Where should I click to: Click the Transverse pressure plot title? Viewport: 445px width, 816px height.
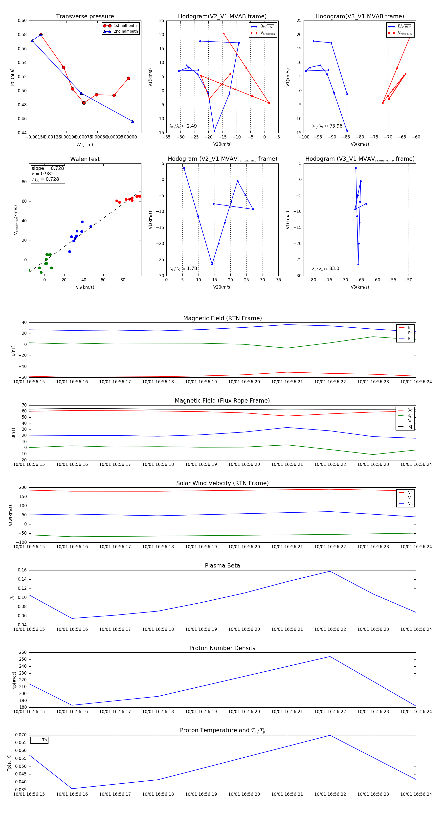pos(85,17)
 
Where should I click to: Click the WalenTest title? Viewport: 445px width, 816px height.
pos(85,159)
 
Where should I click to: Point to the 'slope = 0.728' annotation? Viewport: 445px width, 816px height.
pos(47,168)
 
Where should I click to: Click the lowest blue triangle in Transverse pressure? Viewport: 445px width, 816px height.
pos(133,121)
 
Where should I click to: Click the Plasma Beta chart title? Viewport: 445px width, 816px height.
pos(222,566)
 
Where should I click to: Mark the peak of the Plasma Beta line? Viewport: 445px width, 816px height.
pos(330,571)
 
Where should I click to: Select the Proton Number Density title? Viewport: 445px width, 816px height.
pos(222,648)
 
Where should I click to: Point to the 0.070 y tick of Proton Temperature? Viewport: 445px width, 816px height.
pos(21,735)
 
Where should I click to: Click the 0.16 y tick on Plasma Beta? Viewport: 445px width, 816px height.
pos(22,570)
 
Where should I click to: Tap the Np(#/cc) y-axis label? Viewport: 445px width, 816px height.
pos(14,680)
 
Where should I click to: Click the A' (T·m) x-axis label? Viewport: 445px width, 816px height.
pos(85,144)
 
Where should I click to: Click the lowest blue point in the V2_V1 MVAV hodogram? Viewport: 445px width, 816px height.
pos(212,264)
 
